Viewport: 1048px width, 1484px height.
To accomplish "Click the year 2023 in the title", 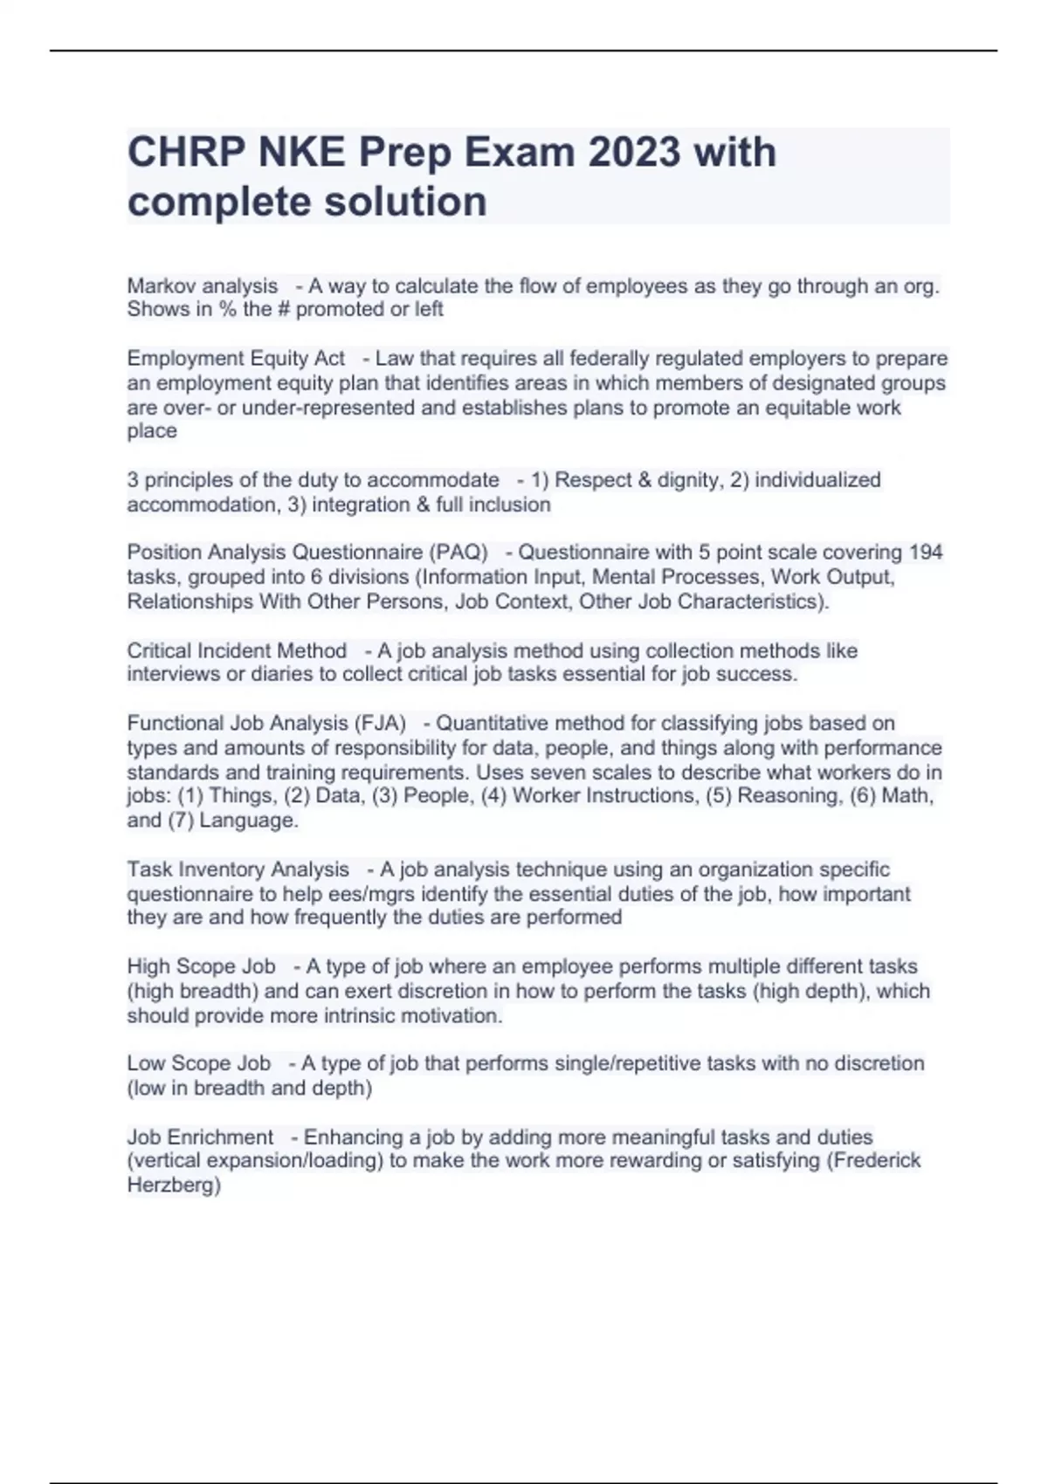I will click(x=633, y=153).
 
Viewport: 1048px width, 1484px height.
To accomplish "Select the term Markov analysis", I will click(x=203, y=286).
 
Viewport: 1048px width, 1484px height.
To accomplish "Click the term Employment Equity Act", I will click(x=236, y=359).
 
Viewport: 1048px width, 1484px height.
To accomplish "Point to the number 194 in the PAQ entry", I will click(x=926, y=553).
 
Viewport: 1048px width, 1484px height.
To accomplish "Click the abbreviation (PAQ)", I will click(x=458, y=553).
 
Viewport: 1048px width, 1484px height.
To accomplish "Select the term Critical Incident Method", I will click(x=237, y=651).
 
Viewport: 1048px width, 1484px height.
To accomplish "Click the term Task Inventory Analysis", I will click(x=238, y=869).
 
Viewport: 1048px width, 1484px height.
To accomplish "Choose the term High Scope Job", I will click(x=201, y=967).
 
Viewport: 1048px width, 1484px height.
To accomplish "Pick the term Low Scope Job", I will click(x=198, y=1064).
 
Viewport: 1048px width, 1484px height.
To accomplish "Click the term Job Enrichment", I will click(x=200, y=1137).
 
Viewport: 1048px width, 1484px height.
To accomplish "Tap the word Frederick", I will click(x=878, y=1161).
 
